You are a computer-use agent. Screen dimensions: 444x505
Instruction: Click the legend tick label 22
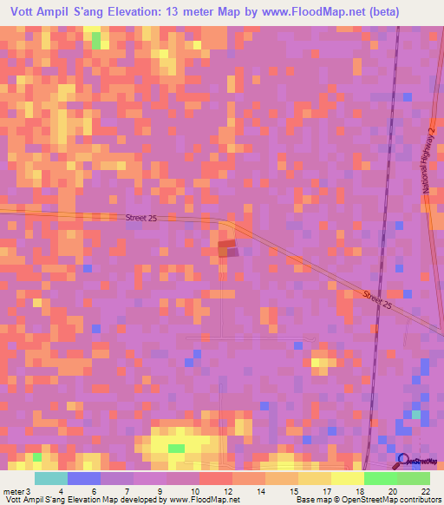point(426,491)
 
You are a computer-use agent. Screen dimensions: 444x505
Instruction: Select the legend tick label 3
point(29,491)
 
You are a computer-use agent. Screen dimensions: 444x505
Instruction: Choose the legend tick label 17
point(326,491)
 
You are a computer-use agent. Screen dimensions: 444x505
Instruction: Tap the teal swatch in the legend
point(50,478)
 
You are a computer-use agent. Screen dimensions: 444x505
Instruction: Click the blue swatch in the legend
point(84,478)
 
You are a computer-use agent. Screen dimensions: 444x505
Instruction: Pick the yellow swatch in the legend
point(347,478)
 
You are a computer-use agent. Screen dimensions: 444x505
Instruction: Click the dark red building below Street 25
point(226,249)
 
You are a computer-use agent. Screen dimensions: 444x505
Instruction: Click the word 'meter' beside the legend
point(13,491)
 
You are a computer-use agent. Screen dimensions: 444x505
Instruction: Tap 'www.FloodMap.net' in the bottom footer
point(194,500)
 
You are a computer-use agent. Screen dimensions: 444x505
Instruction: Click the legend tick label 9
point(160,491)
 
